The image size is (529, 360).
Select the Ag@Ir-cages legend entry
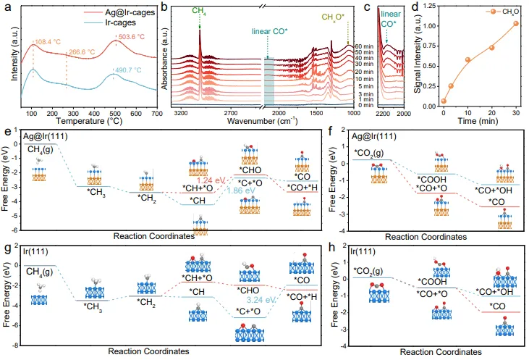(77, 13)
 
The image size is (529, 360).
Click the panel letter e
(6, 134)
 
